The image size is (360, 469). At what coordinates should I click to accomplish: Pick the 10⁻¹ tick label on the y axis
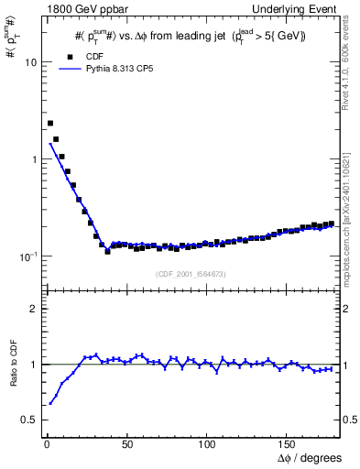tap(27, 256)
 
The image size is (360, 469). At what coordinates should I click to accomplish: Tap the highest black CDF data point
tap(50, 123)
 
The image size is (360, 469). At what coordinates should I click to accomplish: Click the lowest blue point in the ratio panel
tap(50, 403)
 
